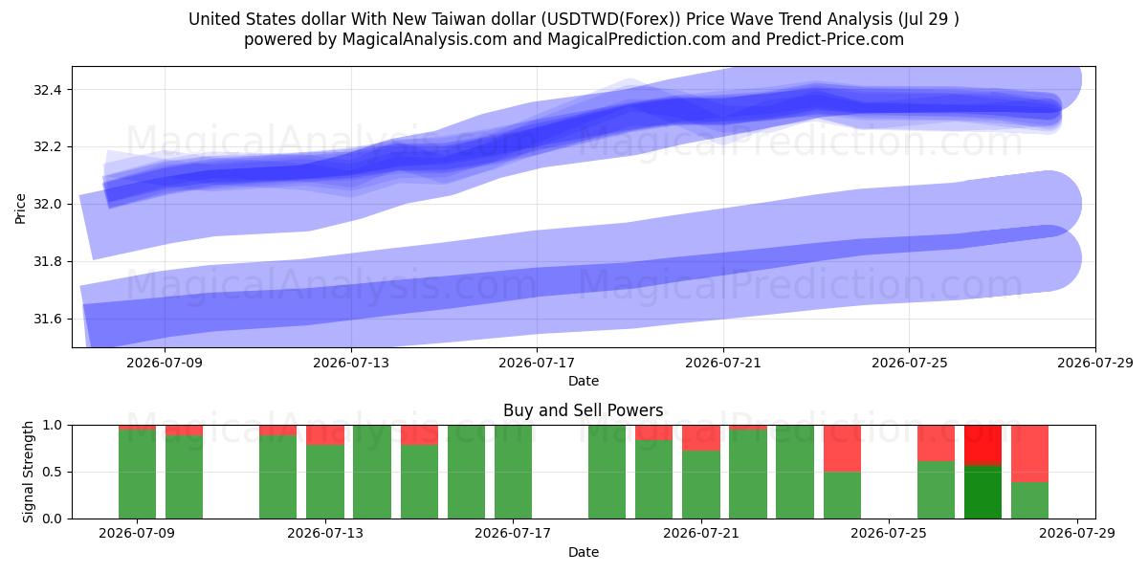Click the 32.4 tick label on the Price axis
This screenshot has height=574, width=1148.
[47, 90]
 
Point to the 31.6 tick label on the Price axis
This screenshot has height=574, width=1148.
[47, 320]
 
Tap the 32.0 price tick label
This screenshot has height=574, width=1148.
[47, 205]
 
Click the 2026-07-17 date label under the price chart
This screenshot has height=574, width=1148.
[537, 363]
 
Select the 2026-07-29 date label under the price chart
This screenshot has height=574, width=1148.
[1095, 363]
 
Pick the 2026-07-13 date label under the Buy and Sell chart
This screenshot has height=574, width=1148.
[325, 533]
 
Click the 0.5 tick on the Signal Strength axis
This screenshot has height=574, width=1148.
[52, 472]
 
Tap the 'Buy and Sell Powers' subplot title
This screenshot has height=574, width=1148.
[584, 410]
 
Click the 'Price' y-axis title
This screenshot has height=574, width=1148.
[20, 209]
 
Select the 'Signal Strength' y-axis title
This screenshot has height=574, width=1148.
[28, 472]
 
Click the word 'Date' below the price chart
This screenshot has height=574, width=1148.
[584, 381]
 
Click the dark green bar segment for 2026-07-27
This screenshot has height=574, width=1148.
[982, 492]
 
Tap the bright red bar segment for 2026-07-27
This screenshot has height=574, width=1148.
[982, 446]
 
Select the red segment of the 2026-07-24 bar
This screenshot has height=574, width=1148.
[842, 449]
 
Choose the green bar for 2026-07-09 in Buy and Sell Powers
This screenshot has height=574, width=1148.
[137, 475]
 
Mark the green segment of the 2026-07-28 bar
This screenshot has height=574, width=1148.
[1029, 500]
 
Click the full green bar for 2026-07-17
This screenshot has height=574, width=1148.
[513, 472]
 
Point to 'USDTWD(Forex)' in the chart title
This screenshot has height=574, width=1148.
[611, 19]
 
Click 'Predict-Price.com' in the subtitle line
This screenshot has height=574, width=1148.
[835, 39]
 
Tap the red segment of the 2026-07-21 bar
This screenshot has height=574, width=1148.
[701, 438]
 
